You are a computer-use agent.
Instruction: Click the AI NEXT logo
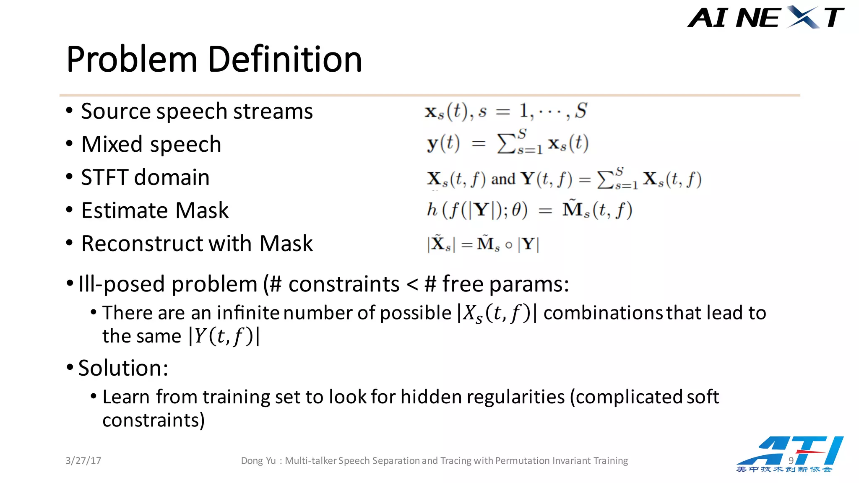tap(765, 18)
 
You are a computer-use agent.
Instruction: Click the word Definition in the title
tap(285, 60)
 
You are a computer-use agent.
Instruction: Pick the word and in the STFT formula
tap(503, 179)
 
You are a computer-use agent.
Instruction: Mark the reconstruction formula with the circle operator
tap(483, 244)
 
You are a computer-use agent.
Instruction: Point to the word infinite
tap(248, 313)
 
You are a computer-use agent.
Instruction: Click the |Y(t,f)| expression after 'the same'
tap(224, 336)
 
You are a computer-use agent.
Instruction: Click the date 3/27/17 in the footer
tap(83, 461)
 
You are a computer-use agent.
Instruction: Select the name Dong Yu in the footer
tap(258, 461)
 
